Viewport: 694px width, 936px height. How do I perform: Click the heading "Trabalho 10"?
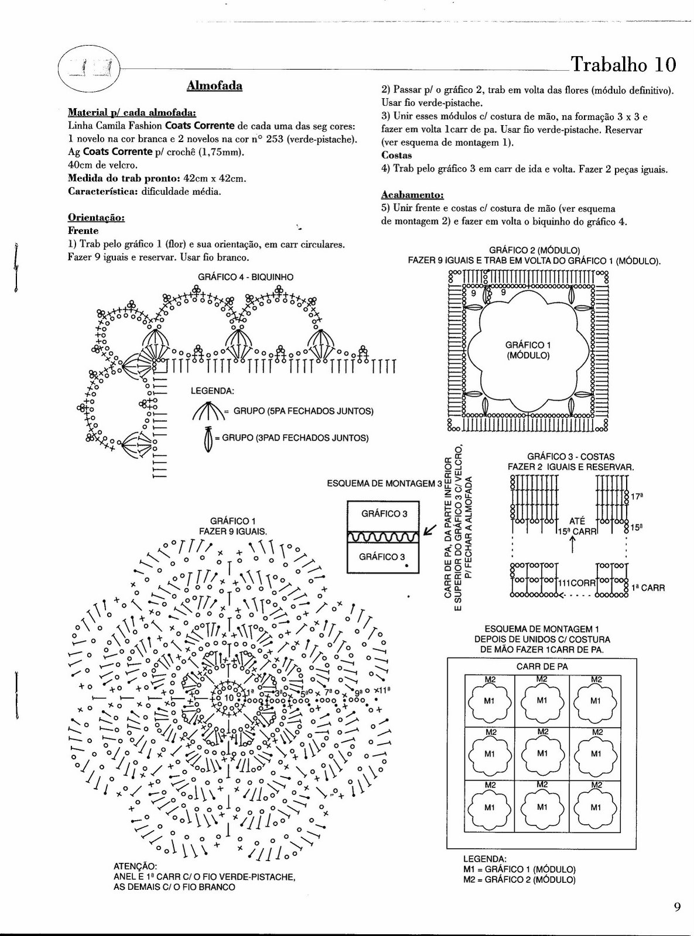[x=623, y=64]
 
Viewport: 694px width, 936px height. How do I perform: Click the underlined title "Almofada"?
[x=214, y=86]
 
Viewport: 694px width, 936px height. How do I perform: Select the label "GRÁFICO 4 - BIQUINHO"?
[x=245, y=277]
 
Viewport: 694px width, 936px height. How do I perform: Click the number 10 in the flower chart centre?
[x=228, y=698]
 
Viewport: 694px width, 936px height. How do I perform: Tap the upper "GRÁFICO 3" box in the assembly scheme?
[x=384, y=514]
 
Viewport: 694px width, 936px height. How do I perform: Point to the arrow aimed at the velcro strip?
[x=429, y=530]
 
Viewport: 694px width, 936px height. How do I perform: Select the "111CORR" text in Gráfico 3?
[x=576, y=583]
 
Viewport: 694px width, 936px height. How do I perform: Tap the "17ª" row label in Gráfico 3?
[x=636, y=497]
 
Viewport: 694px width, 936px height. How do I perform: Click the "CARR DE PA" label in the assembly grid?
[x=542, y=666]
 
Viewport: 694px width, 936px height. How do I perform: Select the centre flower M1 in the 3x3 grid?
[x=542, y=753]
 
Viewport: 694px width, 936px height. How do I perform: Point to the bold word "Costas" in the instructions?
[x=396, y=156]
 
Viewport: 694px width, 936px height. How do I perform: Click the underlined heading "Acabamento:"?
[x=412, y=195]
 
